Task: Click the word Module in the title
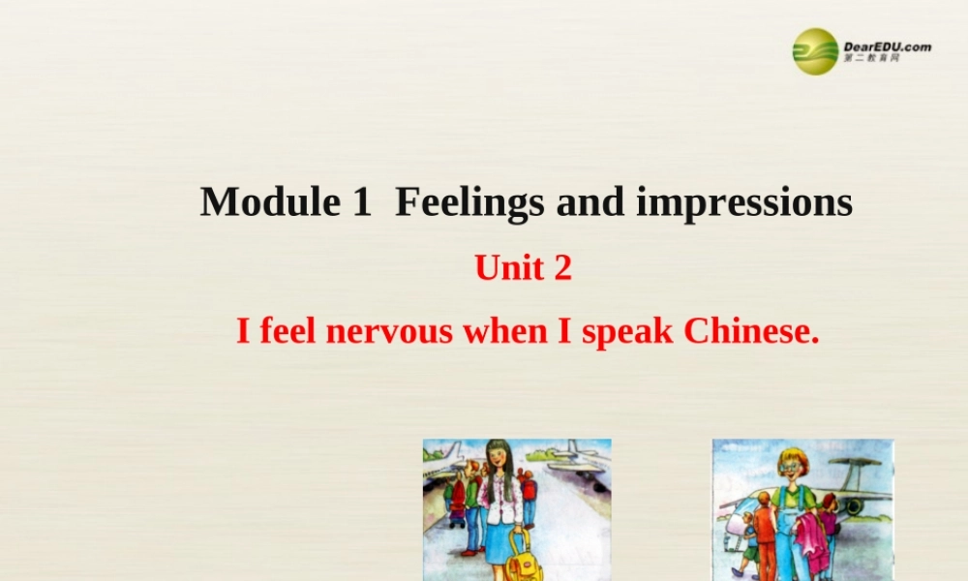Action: click(x=259, y=202)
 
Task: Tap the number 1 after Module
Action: click(x=361, y=202)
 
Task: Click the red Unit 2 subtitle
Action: click(x=523, y=268)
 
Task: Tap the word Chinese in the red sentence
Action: click(x=751, y=332)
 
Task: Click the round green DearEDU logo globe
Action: click(x=815, y=51)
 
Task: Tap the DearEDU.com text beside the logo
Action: click(x=887, y=46)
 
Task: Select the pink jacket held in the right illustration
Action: click(x=811, y=539)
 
